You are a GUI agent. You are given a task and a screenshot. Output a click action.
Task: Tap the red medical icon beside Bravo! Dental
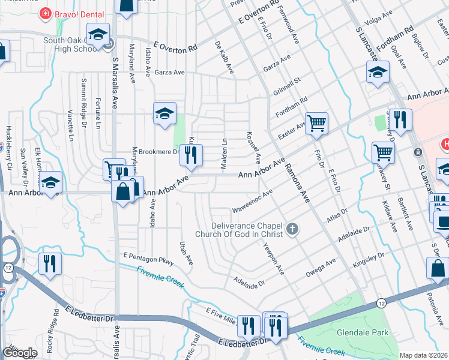pyautogui.click(x=44, y=13)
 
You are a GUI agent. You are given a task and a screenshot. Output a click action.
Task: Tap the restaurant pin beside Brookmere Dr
pyautogui.click(x=191, y=156)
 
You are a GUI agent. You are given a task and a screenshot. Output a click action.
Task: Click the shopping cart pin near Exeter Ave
pyautogui.click(x=316, y=124)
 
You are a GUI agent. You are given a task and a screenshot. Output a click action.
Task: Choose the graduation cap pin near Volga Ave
pyautogui.click(x=377, y=73)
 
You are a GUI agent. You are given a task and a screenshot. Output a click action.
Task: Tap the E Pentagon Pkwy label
pyautogui.click(x=149, y=259)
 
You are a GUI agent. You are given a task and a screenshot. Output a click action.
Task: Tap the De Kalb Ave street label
pyautogui.click(x=224, y=58)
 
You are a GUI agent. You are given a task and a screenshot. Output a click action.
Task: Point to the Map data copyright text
pyautogui.click(x=424, y=355)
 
